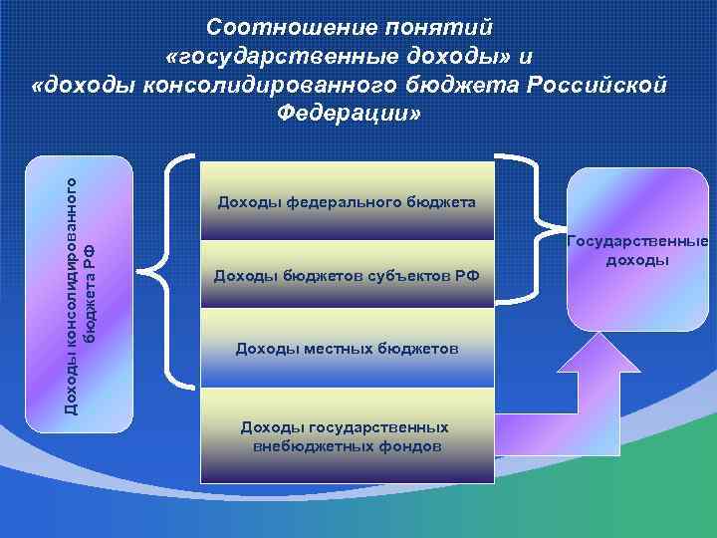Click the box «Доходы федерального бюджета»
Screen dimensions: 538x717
point(347,203)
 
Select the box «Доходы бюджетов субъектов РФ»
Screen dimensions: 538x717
point(347,275)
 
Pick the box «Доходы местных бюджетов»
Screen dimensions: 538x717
point(347,348)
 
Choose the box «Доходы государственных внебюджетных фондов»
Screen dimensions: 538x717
point(347,436)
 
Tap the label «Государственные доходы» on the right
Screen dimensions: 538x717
point(637,250)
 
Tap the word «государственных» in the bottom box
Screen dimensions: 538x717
point(374,427)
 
